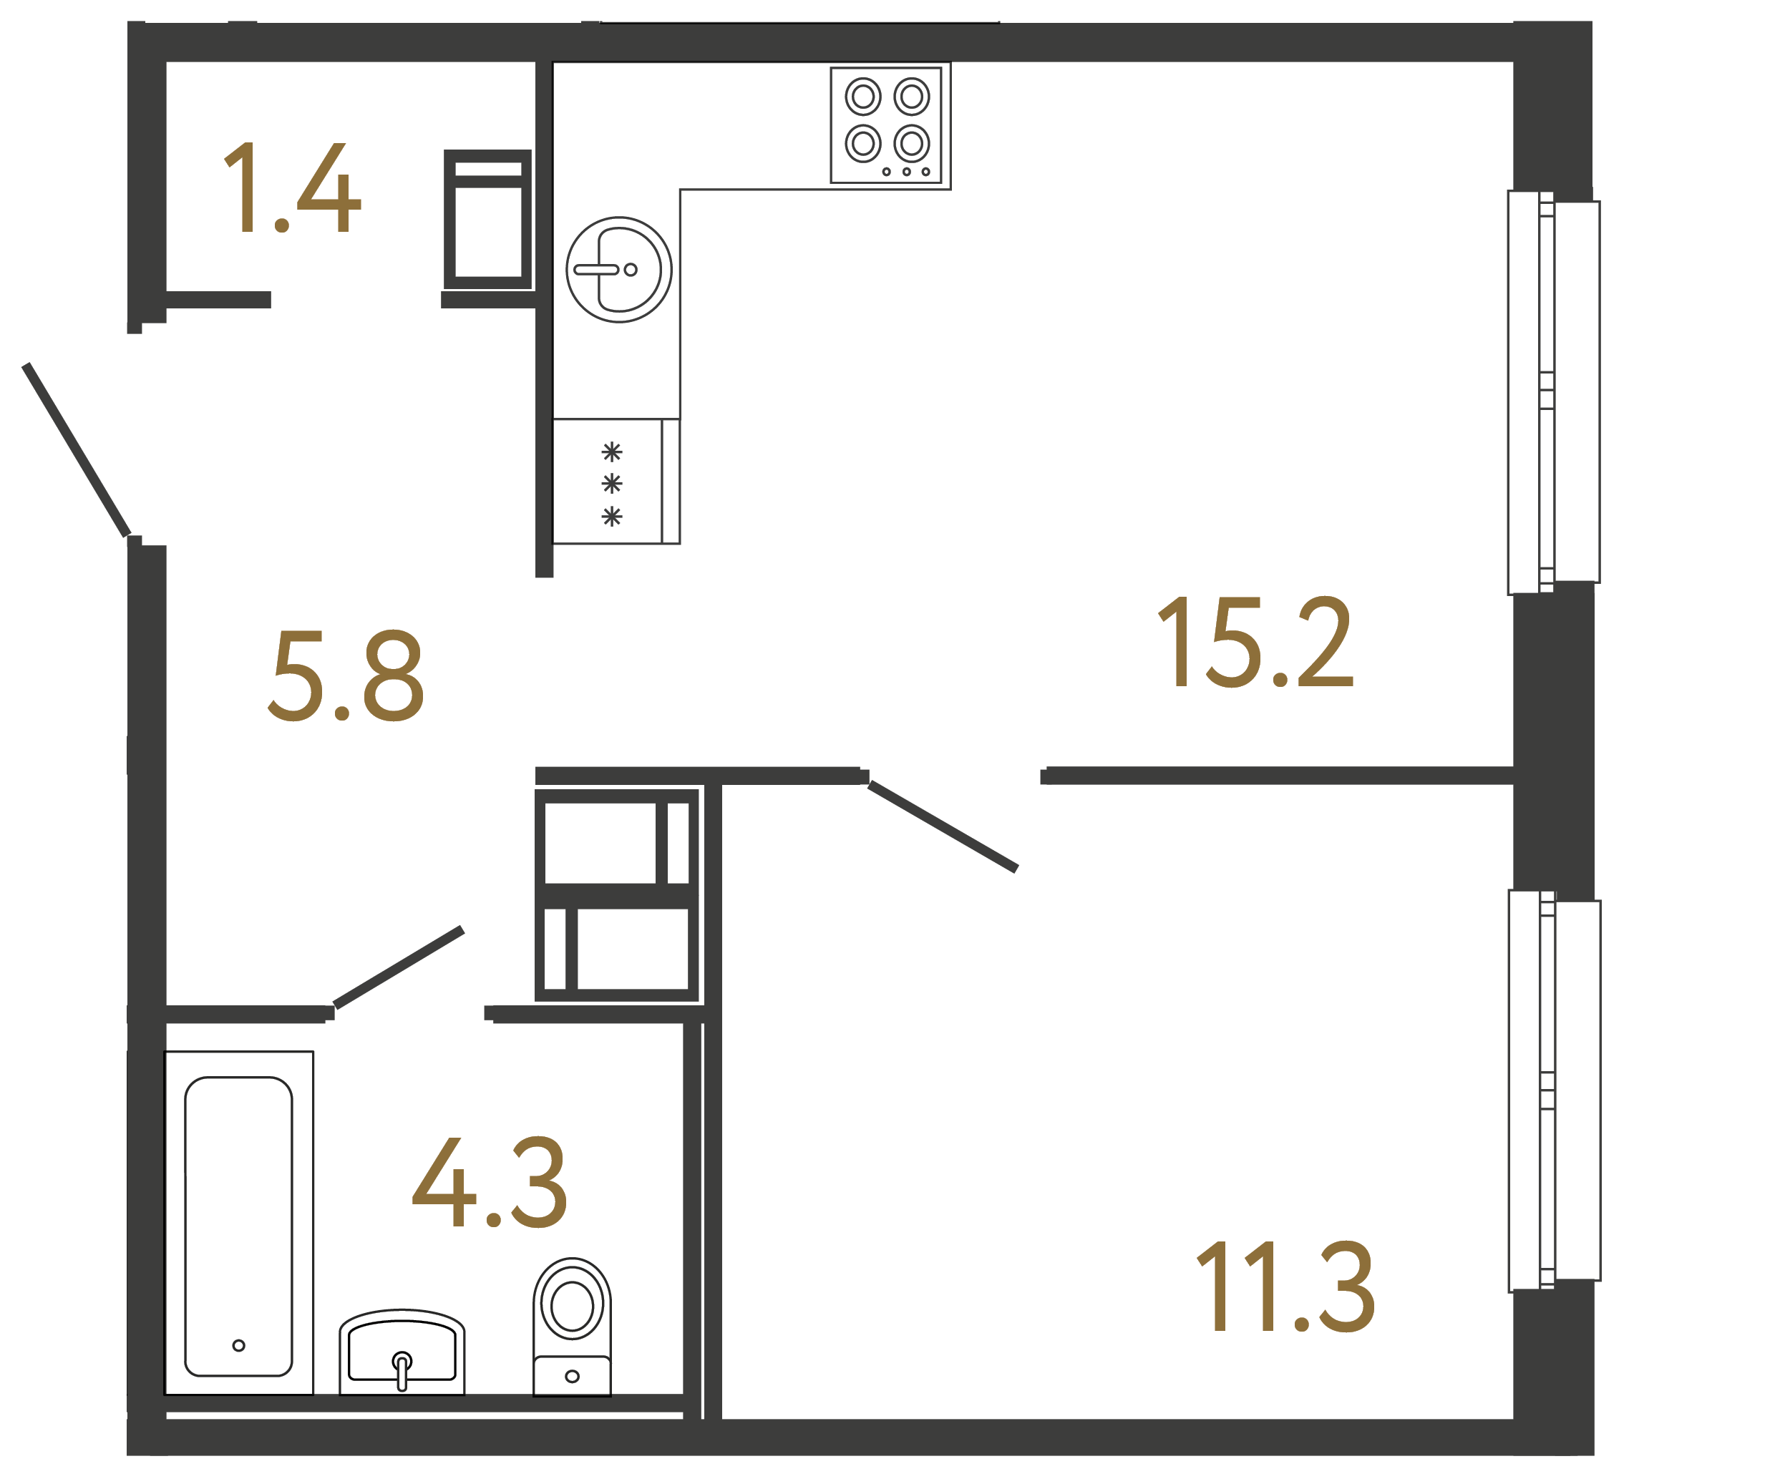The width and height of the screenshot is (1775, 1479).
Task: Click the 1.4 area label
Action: [x=291, y=187]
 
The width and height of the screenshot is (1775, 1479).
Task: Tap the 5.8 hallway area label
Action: [x=346, y=676]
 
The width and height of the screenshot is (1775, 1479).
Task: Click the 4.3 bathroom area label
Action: [x=490, y=1181]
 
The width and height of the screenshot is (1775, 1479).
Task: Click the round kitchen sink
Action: [x=618, y=270]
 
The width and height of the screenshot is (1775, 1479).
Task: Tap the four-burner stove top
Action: [x=886, y=125]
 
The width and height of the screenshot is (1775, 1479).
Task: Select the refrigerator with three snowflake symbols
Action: [x=616, y=481]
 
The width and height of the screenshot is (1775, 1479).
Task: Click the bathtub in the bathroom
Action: [x=238, y=1226]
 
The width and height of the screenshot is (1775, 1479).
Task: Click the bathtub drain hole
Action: [x=238, y=1345]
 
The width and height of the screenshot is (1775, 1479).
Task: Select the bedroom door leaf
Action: [x=943, y=826]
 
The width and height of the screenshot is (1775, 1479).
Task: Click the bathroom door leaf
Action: [x=399, y=967]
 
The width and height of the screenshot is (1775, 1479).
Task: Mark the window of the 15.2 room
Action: [x=1554, y=392]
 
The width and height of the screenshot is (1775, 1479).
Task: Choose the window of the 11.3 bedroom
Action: [x=1555, y=1090]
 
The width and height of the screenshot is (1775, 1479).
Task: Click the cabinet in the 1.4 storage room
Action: [x=487, y=220]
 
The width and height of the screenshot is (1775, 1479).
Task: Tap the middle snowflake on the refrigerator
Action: [x=612, y=484]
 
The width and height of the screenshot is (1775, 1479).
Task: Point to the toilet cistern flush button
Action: [x=573, y=1377]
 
